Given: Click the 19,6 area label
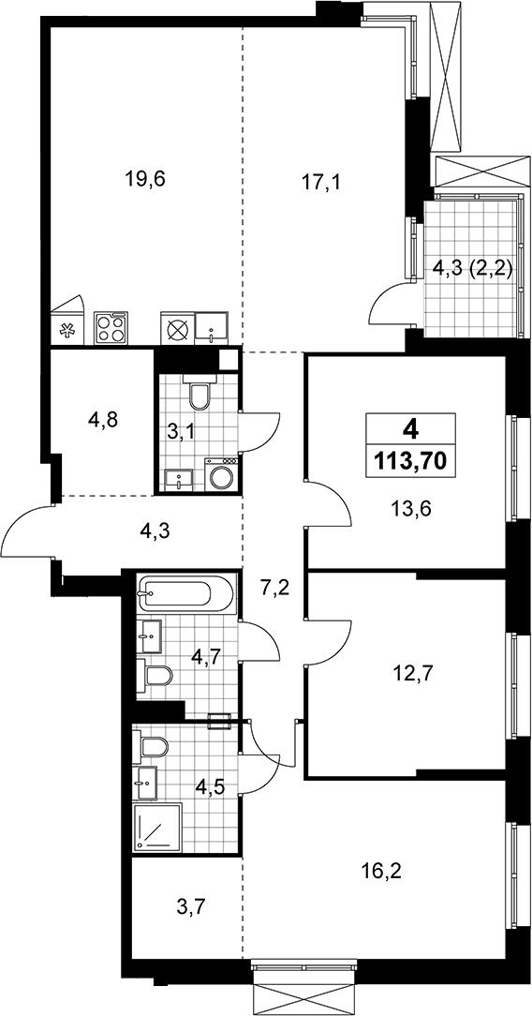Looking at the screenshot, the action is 145,179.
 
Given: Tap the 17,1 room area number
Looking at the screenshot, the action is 321,182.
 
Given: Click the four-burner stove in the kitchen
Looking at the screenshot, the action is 110,328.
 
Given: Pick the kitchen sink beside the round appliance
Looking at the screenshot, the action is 212,328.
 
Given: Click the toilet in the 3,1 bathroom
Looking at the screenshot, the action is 199,393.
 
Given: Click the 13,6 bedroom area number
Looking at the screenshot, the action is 411,509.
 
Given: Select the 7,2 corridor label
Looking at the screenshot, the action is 273,589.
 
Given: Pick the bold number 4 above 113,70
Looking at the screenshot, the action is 409,428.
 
